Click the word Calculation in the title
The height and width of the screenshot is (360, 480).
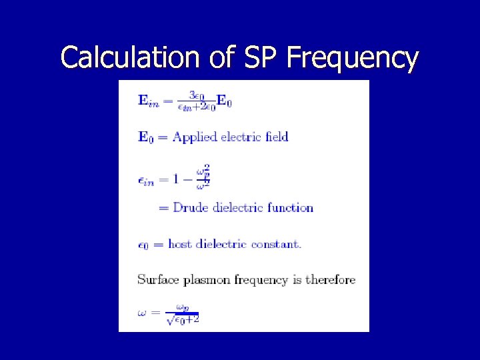pos(129,58)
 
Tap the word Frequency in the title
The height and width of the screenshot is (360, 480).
pos(353,58)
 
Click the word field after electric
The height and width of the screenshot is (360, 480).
pos(277,137)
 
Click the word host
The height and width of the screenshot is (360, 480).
pos(180,244)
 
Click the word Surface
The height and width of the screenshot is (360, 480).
pos(157,279)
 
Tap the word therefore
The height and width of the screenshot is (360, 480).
pos(330,279)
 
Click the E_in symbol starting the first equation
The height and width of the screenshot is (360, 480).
pos(148,101)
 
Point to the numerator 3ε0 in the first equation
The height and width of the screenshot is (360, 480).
pos(197,95)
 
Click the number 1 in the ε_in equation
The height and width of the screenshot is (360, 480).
pos(176,179)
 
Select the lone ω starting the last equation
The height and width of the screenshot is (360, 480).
pos(142,313)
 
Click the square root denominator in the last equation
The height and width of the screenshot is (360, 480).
pos(183,320)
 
